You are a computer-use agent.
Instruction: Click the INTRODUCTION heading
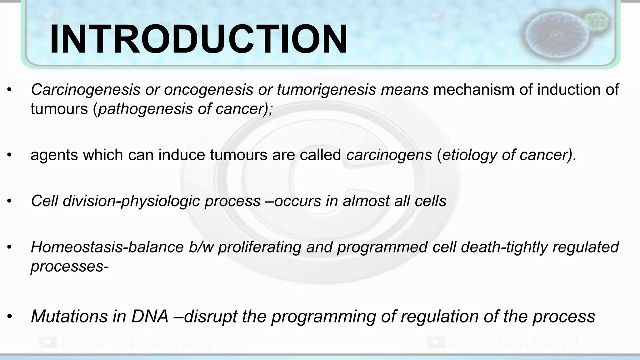198,40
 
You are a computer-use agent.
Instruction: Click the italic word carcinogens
389,155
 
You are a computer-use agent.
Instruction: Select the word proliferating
259,247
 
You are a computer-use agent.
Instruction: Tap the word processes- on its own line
69,266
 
